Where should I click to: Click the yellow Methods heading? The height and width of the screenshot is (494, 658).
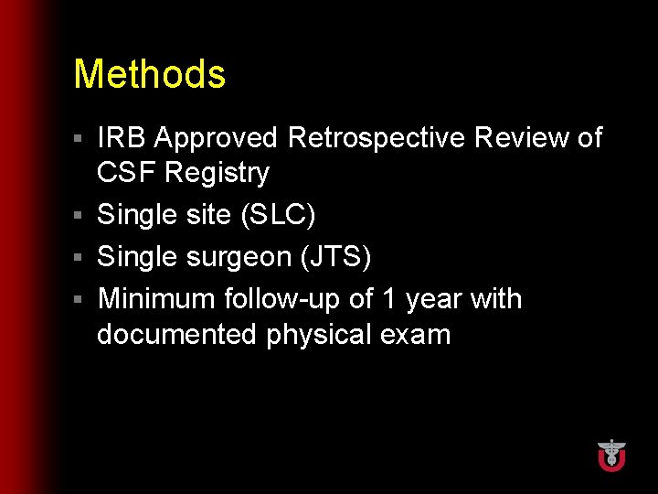coord(149,74)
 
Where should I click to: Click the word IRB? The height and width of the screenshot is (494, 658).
coord(122,138)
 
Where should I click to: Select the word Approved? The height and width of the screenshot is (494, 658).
coord(216,138)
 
